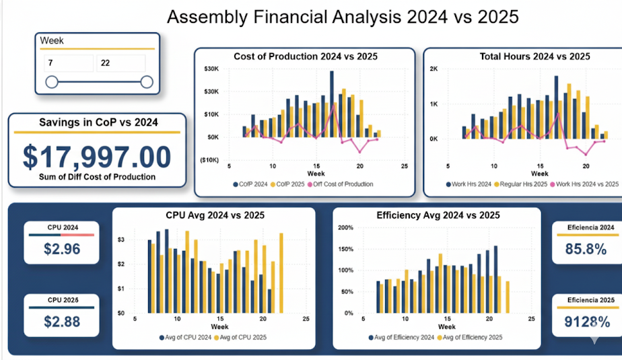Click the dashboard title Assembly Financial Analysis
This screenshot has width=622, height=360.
coord(343,17)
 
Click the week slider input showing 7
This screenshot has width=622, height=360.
coord(69,64)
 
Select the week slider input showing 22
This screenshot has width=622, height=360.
coord(120,64)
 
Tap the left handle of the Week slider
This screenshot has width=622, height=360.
coord(51,82)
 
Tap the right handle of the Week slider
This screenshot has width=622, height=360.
coord(147,82)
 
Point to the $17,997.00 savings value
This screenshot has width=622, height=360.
coord(97,156)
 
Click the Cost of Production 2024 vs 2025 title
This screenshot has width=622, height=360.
coord(305,57)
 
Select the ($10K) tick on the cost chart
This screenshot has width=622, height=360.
coord(210,159)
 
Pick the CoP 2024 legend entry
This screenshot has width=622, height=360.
coord(252,184)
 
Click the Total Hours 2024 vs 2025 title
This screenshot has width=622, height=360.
coord(534,57)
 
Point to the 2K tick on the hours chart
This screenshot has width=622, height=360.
coord(434,69)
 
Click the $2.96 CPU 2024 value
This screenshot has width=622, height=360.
coord(62,249)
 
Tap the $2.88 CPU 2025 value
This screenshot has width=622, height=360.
coord(62,321)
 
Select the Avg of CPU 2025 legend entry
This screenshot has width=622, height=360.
coord(242,337)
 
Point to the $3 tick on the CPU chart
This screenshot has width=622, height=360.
coord(121,240)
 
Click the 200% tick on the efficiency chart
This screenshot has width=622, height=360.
coord(345,227)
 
